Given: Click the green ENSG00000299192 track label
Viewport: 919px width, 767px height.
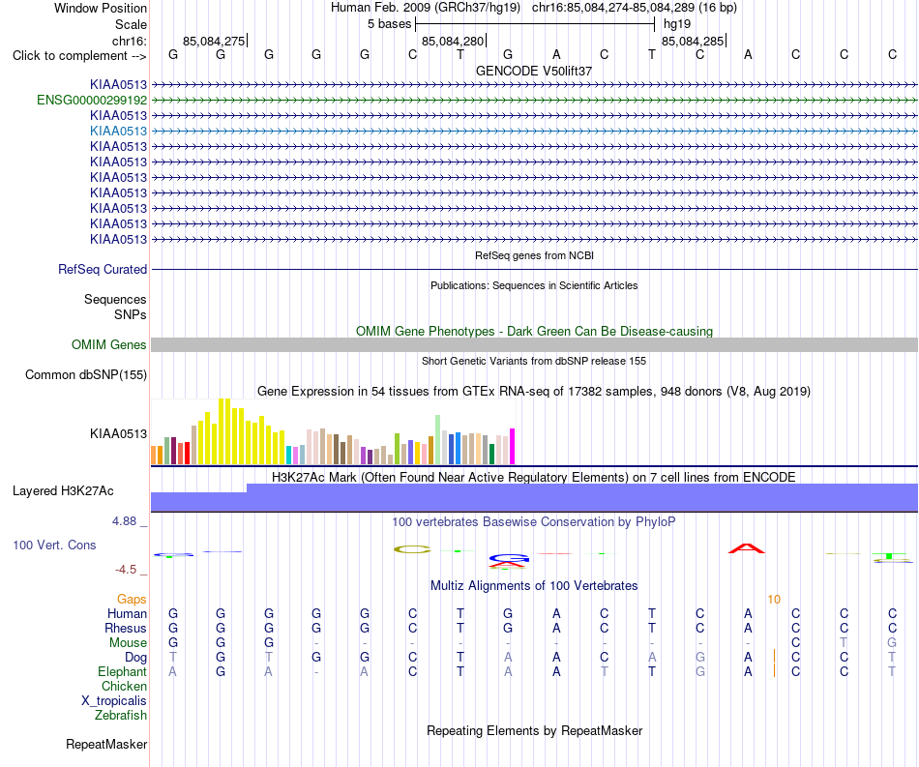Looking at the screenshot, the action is tap(92, 101).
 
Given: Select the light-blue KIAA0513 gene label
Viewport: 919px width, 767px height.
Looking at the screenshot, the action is tap(118, 131).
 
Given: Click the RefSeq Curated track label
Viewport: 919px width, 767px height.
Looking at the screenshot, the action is tap(103, 270).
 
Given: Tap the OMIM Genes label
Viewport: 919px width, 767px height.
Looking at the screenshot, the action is tap(109, 345).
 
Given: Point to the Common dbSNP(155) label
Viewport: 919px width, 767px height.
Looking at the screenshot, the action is tap(86, 375).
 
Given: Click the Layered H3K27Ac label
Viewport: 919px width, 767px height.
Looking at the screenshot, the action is tap(63, 491).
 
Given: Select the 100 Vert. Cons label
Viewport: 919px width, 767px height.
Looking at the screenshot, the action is tap(54, 545).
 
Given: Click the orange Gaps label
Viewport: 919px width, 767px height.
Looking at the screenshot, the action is tap(132, 599).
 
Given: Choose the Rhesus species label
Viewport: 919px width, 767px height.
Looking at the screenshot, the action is tap(126, 628).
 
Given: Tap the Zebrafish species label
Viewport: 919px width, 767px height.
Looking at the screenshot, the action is tap(121, 716).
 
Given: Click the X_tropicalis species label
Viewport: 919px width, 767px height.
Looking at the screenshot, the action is tap(114, 701).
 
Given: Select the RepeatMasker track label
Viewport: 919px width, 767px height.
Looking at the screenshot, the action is tap(106, 744).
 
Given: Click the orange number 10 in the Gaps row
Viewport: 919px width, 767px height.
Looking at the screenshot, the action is tap(774, 599).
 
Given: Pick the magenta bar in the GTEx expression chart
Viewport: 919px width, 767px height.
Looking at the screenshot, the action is tap(513, 447).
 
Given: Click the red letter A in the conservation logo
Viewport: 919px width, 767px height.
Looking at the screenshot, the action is tap(747, 548).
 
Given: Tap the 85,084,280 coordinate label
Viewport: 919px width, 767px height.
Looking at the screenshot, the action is tap(453, 41).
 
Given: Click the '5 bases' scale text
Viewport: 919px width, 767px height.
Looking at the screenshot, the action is tap(389, 24).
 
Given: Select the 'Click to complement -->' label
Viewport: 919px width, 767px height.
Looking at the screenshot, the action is tap(79, 56).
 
